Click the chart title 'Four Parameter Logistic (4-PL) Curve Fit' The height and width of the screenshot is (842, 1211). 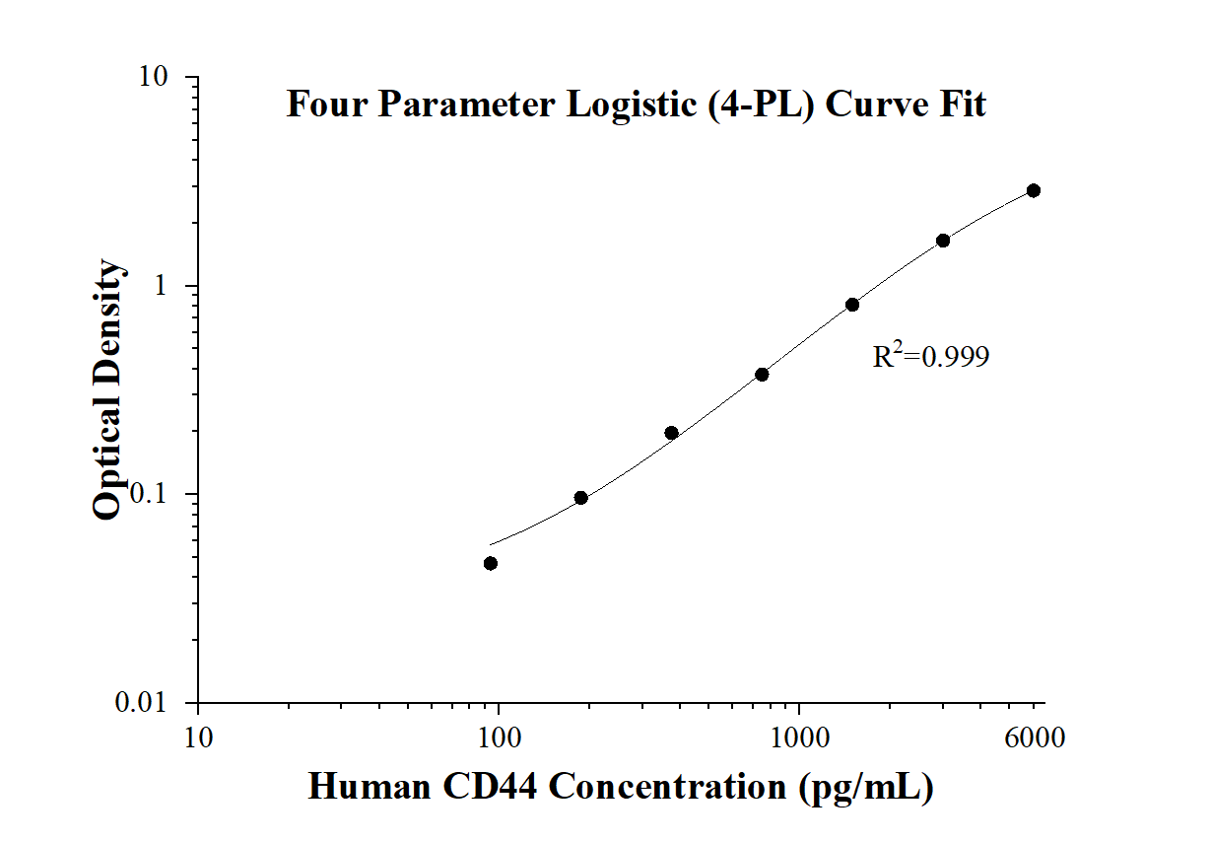(x=636, y=104)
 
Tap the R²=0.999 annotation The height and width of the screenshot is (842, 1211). (x=930, y=356)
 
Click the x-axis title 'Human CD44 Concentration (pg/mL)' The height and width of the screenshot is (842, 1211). (x=621, y=787)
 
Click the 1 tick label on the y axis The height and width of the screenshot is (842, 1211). (x=165, y=286)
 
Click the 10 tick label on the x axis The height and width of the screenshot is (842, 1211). (x=198, y=737)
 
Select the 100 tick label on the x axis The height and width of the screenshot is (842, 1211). (x=499, y=737)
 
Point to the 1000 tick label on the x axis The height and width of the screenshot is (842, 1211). (x=799, y=737)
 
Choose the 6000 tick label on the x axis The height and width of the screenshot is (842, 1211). (x=1033, y=737)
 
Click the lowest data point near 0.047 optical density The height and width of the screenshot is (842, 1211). (x=491, y=563)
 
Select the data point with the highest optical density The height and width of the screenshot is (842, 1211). (x=1034, y=190)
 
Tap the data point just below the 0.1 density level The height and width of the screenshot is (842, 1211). (x=581, y=498)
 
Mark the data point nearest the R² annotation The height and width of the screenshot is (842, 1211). (x=852, y=305)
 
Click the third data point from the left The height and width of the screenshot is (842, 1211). (x=672, y=433)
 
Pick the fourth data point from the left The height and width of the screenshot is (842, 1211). (x=762, y=375)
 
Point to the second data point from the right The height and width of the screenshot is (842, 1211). (x=943, y=241)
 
